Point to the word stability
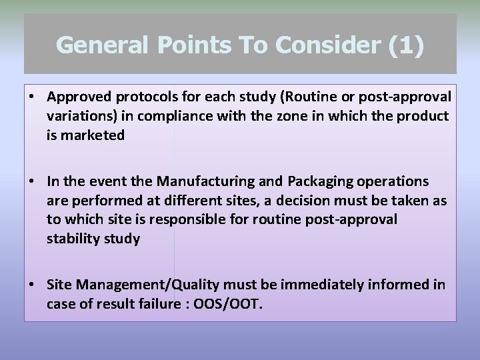point(72,239)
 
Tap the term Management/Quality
point(147,285)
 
